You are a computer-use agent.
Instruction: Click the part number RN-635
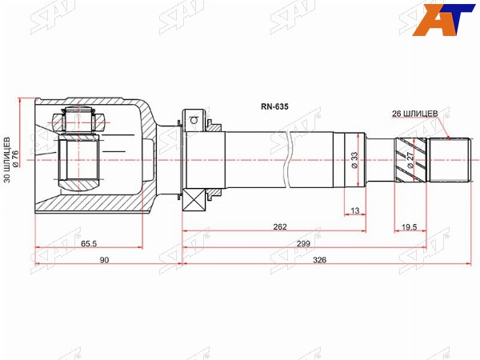pos(274,107)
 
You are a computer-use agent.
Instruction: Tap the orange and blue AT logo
pos(443,20)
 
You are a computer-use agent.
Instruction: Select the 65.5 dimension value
pos(89,244)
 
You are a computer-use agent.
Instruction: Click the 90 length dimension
pos(104,260)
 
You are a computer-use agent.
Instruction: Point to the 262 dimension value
pos(280,227)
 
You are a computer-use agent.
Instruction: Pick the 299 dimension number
pos(303,244)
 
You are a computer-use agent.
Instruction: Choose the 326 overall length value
pos(319,260)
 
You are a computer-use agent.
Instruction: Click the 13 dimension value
pos(354,210)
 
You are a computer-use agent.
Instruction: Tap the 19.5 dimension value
pos(410,227)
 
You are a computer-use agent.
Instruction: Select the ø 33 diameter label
pos(354,160)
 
